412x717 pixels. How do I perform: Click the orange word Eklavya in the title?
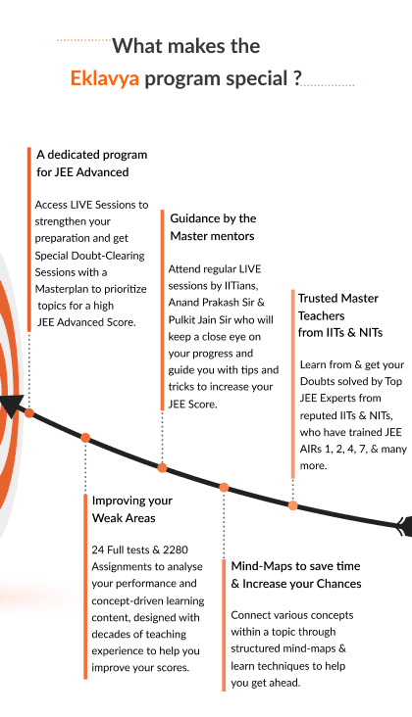(x=104, y=78)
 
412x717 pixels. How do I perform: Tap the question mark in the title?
(x=297, y=77)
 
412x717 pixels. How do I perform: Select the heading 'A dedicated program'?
(x=91, y=155)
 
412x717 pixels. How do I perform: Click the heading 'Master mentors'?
(x=213, y=236)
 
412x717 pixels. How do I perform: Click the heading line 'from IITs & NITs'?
(x=340, y=332)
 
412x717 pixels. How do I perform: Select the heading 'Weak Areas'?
(x=124, y=518)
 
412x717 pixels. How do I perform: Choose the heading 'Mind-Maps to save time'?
(x=295, y=566)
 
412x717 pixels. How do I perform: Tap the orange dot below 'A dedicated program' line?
(x=29, y=413)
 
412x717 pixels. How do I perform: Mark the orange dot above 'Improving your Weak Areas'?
(x=85, y=438)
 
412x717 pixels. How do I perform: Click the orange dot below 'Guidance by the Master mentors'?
(x=162, y=468)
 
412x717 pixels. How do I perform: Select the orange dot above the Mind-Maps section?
(x=224, y=488)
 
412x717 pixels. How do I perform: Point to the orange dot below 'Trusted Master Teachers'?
(x=293, y=505)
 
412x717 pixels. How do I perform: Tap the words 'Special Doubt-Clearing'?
(x=89, y=255)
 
